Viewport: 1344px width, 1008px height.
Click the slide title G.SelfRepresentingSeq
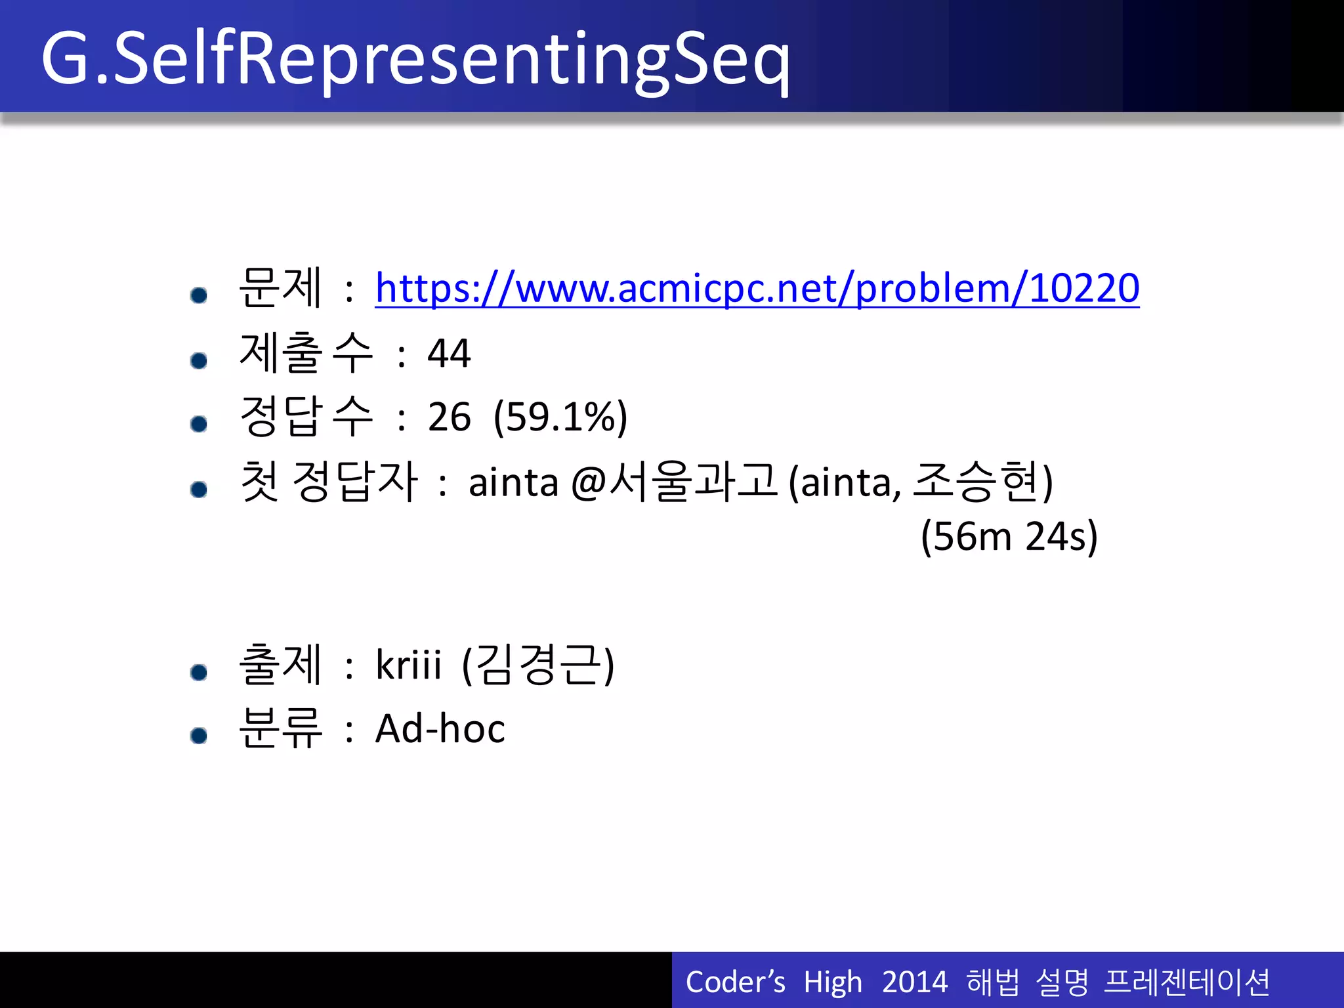pyautogui.click(x=415, y=59)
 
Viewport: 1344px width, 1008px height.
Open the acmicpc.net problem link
pyautogui.click(x=757, y=288)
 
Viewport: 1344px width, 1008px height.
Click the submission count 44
pyautogui.click(x=449, y=354)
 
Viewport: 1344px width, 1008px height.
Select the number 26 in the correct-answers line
pyautogui.click(x=449, y=417)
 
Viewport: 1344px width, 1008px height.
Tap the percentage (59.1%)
pyautogui.click(x=560, y=417)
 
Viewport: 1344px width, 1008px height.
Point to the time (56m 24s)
pyautogui.click(x=1009, y=536)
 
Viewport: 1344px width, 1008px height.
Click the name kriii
pyautogui.click(x=408, y=664)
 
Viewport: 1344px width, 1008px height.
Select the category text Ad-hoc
pyautogui.click(x=440, y=728)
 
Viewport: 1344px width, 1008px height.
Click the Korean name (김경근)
pyautogui.click(x=538, y=664)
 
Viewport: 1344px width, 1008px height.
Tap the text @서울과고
pyautogui.click(x=674, y=482)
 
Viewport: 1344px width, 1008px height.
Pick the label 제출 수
pyautogui.click(x=306, y=354)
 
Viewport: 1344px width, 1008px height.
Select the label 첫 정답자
pyautogui.click(x=329, y=482)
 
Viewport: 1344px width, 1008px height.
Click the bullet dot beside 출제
pyautogui.click(x=198, y=672)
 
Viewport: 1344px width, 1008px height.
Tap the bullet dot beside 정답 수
pyautogui.click(x=198, y=424)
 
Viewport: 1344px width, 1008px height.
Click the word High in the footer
pyautogui.click(x=832, y=982)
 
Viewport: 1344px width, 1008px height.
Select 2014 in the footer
pyautogui.click(x=914, y=982)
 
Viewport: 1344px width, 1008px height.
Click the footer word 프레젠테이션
pyautogui.click(x=1186, y=982)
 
